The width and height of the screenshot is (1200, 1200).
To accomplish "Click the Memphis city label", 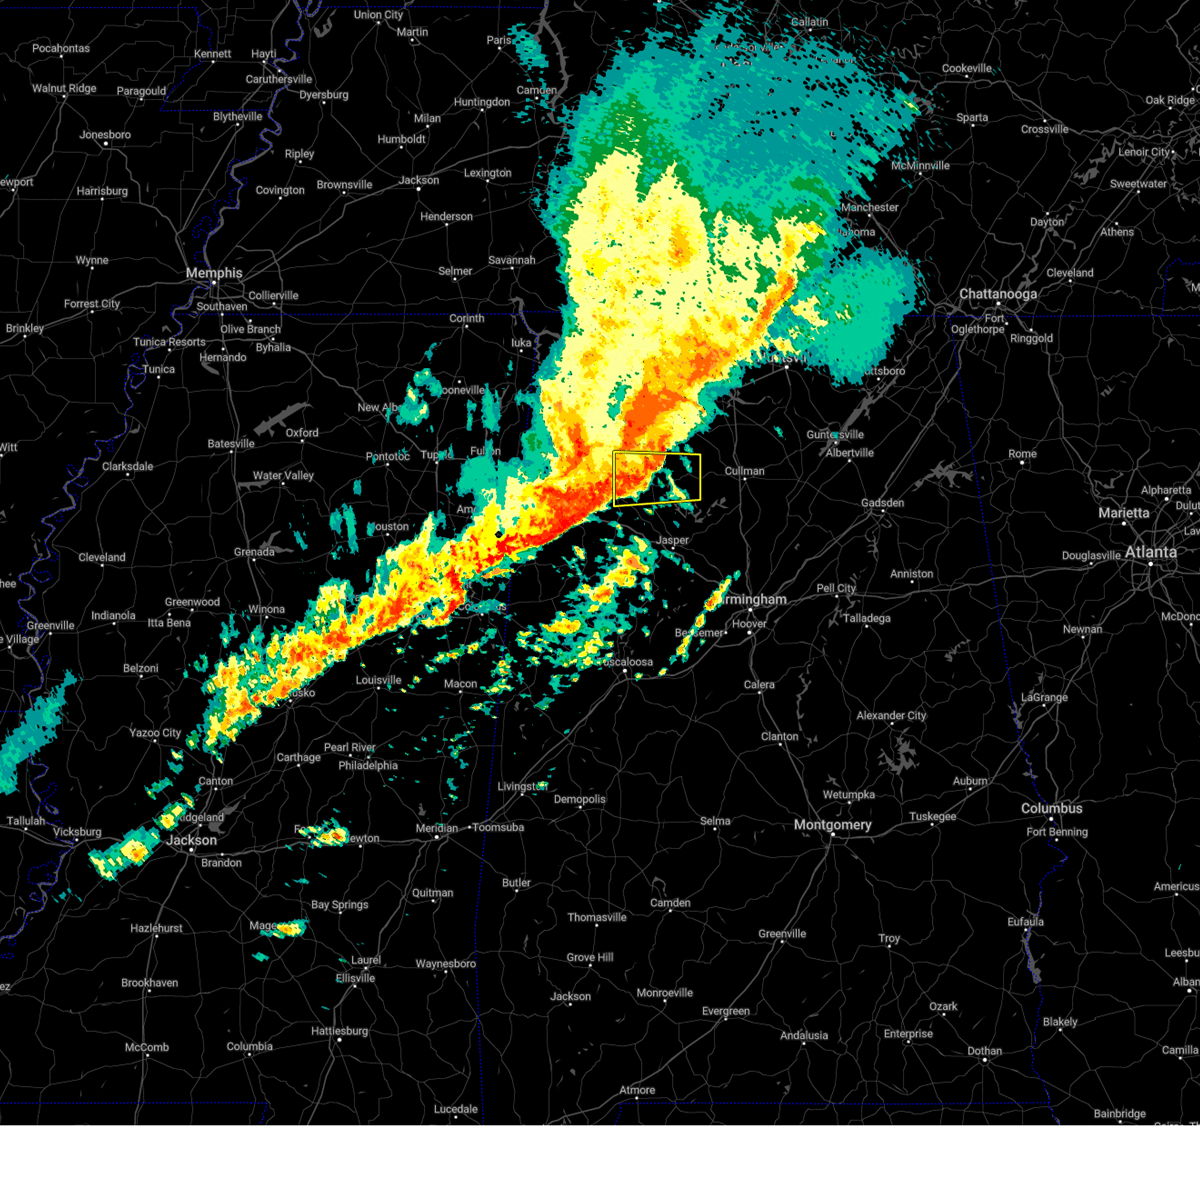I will [214, 273].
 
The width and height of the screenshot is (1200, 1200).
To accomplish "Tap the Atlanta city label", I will [1150, 552].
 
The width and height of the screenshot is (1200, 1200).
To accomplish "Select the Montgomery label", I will [832, 825].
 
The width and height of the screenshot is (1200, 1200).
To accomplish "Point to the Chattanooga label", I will [997, 294].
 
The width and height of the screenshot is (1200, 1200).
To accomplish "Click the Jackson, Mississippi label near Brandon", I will [191, 840].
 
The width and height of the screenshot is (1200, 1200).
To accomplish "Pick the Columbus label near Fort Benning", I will [1051, 808].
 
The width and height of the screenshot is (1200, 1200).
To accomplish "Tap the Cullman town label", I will [744, 471].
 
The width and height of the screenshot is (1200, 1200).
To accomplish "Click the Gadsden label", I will [882, 503].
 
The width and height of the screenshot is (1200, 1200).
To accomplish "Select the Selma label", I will [715, 821].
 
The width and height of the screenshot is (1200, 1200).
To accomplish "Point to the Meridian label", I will [436, 828].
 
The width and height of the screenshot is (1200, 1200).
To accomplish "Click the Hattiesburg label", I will [339, 1031].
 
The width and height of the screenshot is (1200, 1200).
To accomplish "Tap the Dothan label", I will [984, 1051].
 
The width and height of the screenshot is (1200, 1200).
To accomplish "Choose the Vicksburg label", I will [77, 832].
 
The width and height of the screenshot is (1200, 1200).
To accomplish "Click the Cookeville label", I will [967, 69].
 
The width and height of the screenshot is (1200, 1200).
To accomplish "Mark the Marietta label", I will [1124, 513].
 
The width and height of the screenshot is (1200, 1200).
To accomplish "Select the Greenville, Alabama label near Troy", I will [782, 934].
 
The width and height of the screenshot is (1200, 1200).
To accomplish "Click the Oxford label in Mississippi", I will [302, 433].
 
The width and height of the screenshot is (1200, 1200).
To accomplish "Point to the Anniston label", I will [911, 574].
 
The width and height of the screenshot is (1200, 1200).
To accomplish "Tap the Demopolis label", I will [580, 799].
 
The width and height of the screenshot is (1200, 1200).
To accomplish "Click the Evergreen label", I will [725, 1011].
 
